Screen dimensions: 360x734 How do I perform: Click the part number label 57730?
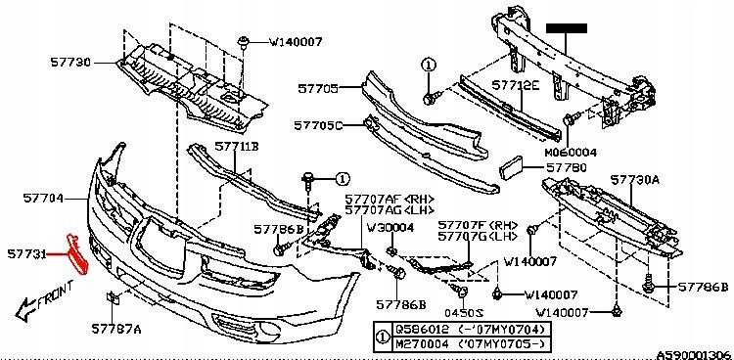click(70, 61)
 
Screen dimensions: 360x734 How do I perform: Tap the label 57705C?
click(318, 126)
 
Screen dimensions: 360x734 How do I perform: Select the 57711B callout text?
click(238, 147)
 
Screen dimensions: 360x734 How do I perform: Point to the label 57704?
click(44, 198)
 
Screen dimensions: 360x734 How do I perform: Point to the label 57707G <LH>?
click(478, 238)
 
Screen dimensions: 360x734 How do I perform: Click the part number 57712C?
click(516, 86)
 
